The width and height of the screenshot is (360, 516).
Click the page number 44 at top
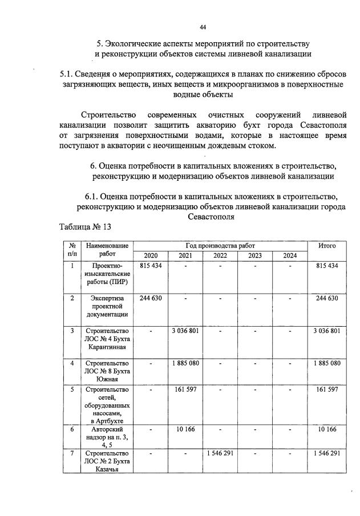click(203, 26)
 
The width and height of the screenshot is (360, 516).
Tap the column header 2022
click(220, 255)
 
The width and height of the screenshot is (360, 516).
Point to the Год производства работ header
click(220, 245)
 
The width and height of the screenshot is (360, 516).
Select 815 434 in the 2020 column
click(151, 266)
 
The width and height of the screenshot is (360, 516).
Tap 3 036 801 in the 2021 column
click(185, 331)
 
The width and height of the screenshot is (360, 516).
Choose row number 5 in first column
click(72, 391)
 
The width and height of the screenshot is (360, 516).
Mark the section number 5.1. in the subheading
click(70, 74)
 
